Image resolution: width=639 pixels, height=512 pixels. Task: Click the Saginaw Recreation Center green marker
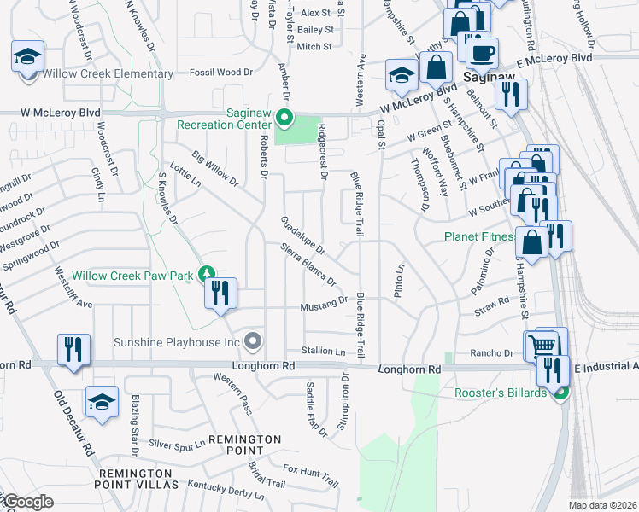[x=287, y=119]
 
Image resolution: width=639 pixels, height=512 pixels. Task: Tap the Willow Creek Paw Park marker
[x=206, y=274]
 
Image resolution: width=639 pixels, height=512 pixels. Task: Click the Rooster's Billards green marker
[x=560, y=393]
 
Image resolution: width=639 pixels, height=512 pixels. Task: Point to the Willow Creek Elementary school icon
[x=27, y=57]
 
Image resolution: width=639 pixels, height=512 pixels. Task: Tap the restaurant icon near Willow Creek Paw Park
[x=220, y=294]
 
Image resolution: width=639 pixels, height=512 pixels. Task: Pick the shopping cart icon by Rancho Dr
[x=542, y=346]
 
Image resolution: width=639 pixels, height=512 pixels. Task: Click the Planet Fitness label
[x=478, y=236]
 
